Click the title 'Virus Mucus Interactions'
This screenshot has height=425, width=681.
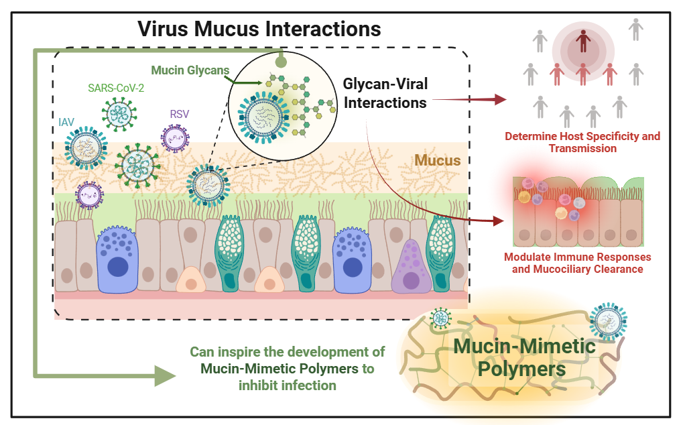coord(259,29)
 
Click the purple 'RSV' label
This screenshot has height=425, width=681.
coord(179,114)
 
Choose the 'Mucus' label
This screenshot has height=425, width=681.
coord(438,161)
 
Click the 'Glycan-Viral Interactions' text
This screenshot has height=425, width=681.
coord(385,93)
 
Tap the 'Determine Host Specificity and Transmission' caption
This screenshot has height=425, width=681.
coord(582,142)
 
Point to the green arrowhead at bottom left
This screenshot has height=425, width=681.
coord(164,376)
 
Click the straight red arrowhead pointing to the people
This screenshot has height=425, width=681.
coord(500,99)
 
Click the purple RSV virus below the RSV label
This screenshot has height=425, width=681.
coord(175,137)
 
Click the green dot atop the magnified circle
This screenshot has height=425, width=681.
coord(282,62)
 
